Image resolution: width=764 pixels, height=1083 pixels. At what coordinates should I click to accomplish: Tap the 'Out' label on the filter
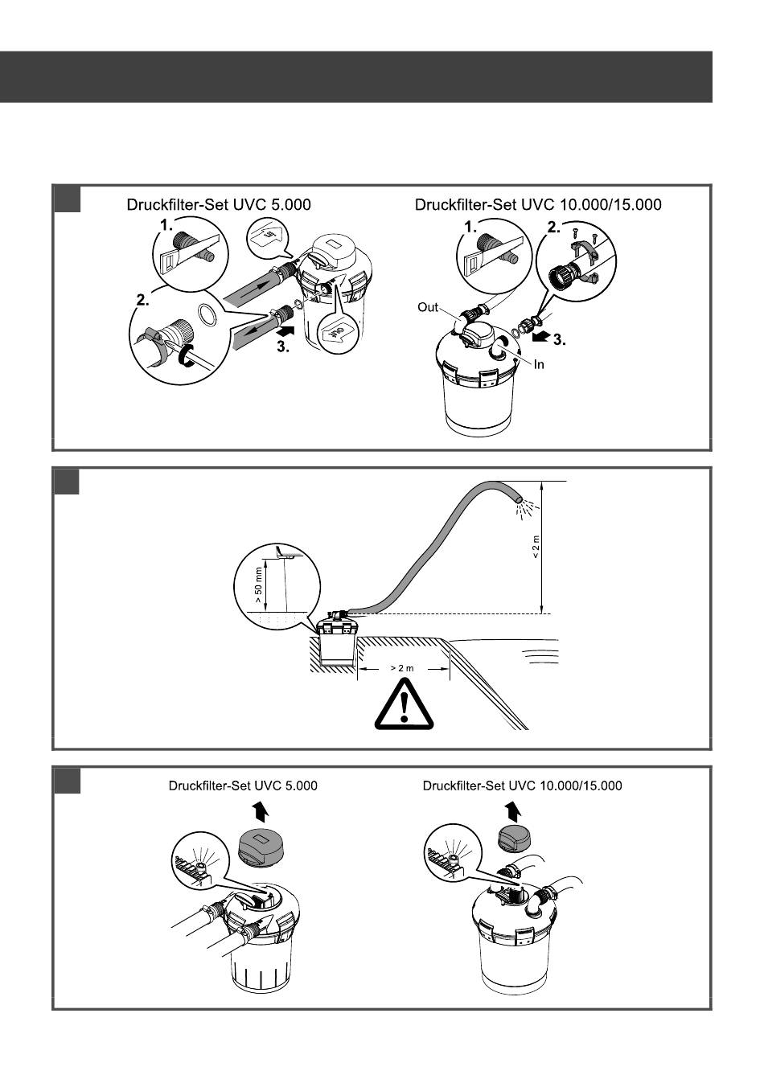[427, 306]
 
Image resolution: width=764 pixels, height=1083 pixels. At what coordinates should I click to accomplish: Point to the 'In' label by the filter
[539, 364]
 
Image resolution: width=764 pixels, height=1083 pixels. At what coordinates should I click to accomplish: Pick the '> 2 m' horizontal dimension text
[403, 668]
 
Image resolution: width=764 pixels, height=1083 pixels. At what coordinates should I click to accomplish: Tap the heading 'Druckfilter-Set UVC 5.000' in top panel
[218, 205]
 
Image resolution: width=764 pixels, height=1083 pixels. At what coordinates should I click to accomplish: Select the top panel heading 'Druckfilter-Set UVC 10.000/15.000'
[538, 205]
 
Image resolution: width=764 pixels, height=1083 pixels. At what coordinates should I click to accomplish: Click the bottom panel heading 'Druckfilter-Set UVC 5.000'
[242, 786]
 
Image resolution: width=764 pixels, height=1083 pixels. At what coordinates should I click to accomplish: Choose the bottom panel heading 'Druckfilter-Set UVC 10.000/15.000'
[522, 786]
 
